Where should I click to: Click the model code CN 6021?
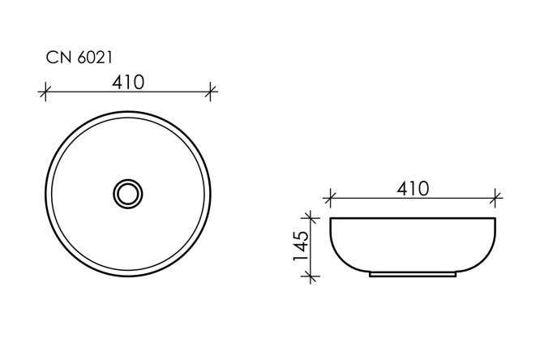coord(74,58)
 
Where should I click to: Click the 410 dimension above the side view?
coord(412,188)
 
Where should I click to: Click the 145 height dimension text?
coord(300,246)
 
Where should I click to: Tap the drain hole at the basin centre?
coord(127,192)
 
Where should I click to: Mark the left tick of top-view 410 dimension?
coord(45,92)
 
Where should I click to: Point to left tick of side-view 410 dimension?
coord(329,197)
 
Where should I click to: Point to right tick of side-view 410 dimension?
coord(496,197)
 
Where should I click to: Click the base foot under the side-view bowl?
coord(413,275)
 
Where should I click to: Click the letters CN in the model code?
coord(55,58)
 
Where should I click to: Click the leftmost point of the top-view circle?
coord(45,192)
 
